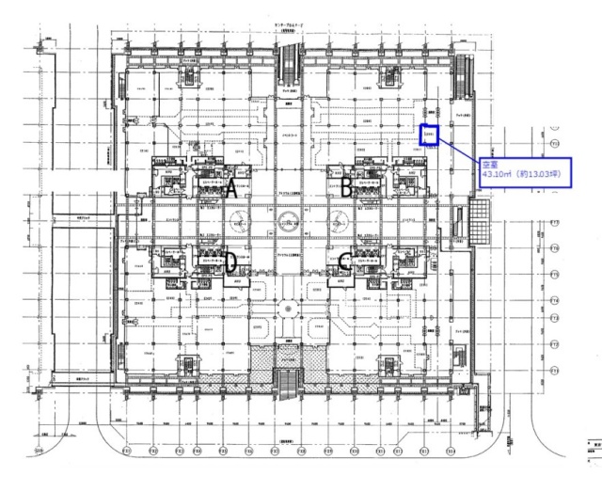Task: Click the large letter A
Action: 230,188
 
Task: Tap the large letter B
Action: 346,188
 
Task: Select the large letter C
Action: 345,262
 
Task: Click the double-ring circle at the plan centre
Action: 289,225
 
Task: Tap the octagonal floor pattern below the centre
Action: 289,307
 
